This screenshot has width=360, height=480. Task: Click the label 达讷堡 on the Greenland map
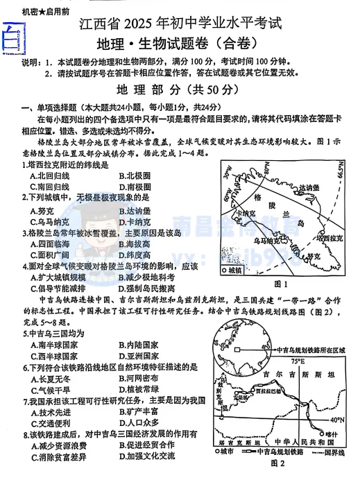[309, 188]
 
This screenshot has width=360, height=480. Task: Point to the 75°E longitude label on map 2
[298, 361]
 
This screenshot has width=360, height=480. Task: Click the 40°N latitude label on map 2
[337, 420]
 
